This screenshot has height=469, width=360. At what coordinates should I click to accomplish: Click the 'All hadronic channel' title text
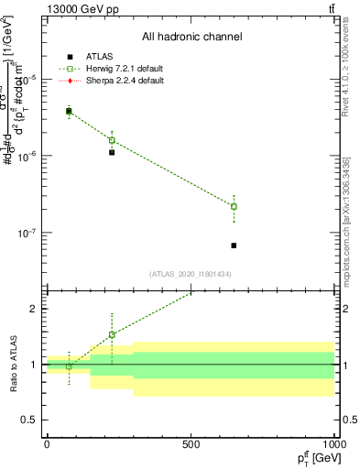(x=191, y=38)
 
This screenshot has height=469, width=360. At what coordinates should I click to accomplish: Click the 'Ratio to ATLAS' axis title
(x=12, y=365)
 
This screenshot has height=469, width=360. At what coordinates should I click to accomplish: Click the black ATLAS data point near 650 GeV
(x=234, y=245)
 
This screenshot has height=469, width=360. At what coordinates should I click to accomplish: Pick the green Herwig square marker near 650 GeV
(x=234, y=206)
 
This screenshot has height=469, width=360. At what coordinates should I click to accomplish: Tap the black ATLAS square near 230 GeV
(x=112, y=152)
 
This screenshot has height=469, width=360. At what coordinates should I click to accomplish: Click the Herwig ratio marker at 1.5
(x=112, y=334)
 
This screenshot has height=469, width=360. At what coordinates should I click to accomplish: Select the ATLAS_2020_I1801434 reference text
(x=191, y=274)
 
